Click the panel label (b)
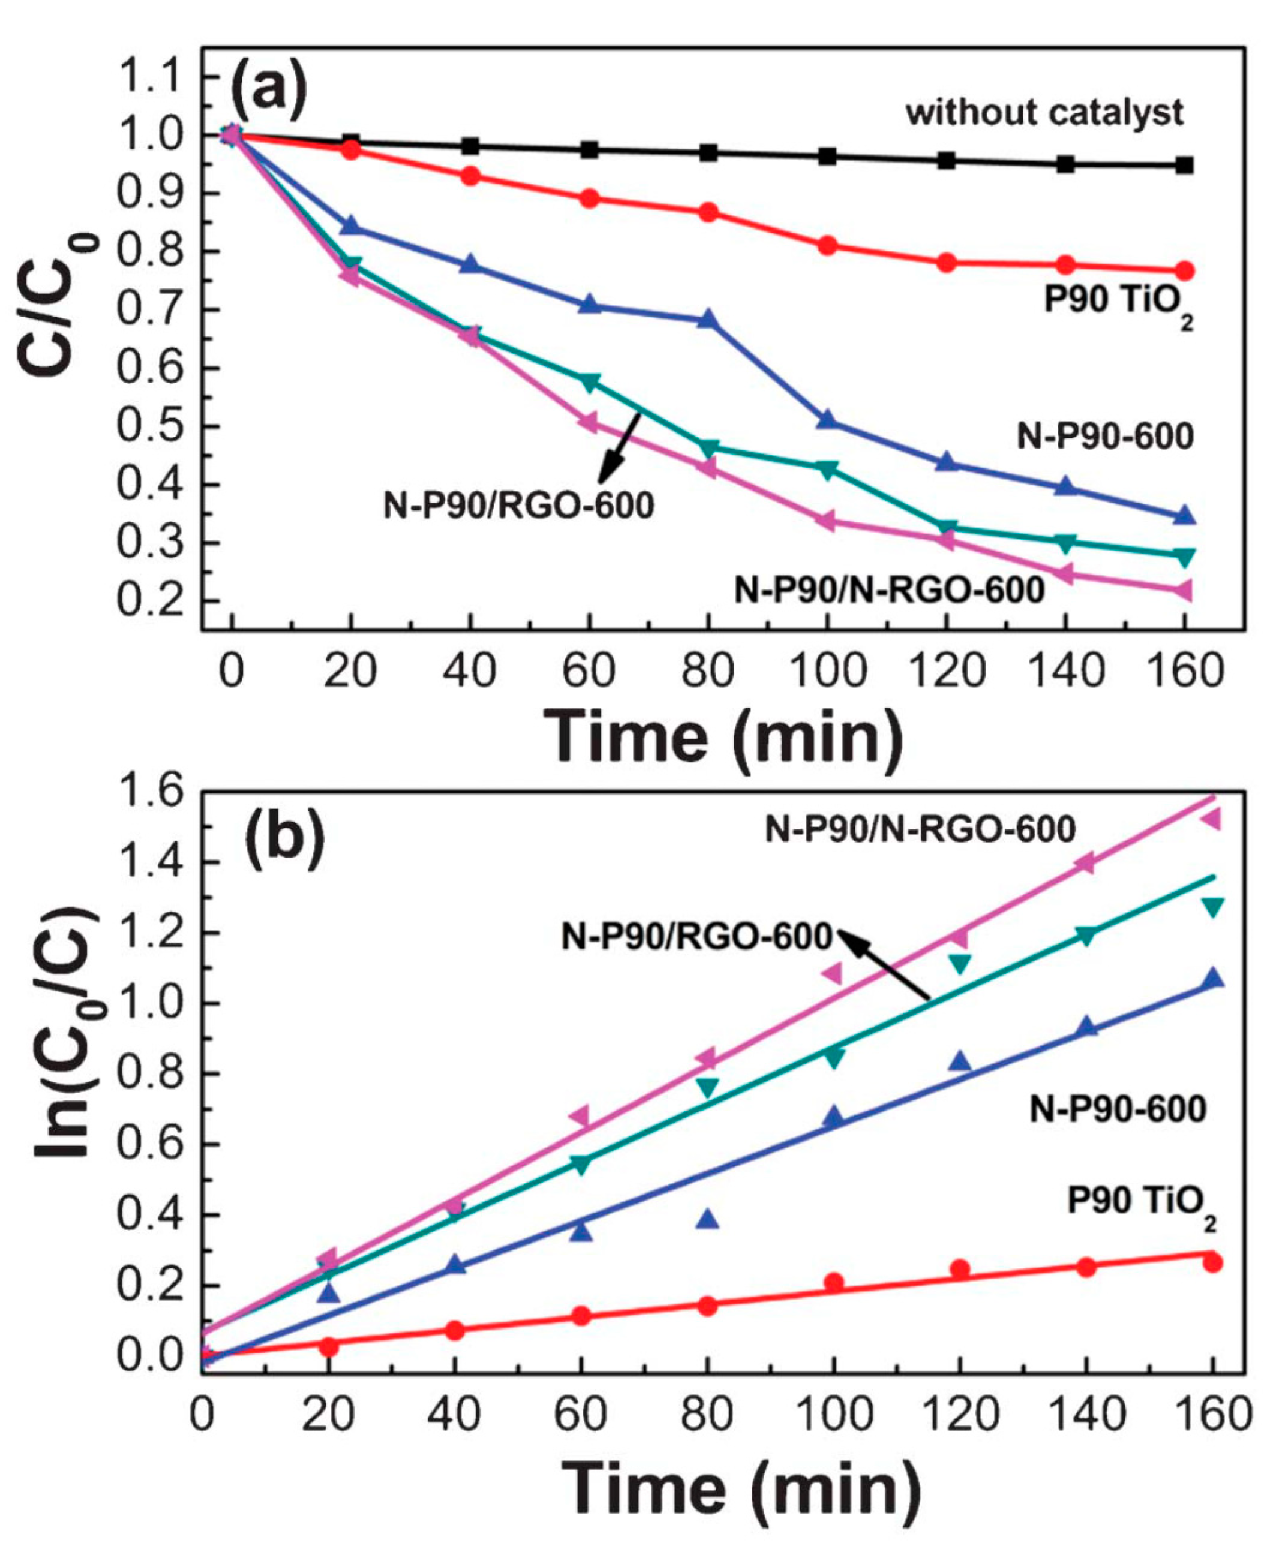pos(284,838)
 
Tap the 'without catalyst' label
pos(1044,112)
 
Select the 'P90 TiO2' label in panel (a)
pos(1117,303)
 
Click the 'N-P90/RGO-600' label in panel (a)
pos(518,506)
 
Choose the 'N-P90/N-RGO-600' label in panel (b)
pos(920,829)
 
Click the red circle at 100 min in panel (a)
pos(828,245)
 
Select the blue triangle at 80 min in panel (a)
pos(708,320)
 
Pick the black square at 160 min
pos(1184,164)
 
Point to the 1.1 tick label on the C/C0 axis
pos(151,76)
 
